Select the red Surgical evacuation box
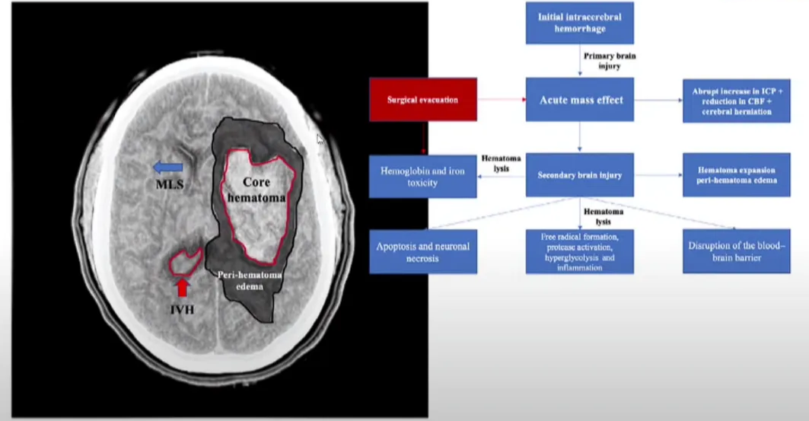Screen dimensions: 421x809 point(422,99)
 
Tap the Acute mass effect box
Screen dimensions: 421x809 point(579,100)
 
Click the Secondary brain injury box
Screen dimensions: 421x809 point(579,175)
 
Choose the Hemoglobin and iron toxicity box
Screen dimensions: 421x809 point(422,176)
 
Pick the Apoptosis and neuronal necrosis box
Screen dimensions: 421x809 point(422,252)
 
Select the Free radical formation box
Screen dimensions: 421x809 point(579,251)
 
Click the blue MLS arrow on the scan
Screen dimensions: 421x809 point(169,167)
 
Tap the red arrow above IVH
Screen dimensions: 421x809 point(182,288)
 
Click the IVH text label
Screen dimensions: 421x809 point(181,310)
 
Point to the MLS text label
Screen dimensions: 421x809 point(168,184)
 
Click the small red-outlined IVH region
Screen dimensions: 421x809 point(183,263)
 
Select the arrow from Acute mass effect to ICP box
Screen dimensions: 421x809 point(658,100)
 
